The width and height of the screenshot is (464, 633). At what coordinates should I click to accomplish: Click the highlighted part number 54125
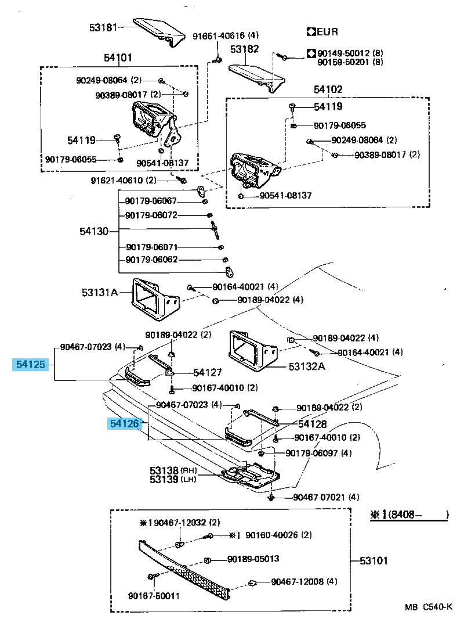pyautogui.click(x=31, y=365)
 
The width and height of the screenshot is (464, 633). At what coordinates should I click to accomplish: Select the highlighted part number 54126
pyautogui.click(x=125, y=423)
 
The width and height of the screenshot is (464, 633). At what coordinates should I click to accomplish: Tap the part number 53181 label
pyautogui.click(x=103, y=27)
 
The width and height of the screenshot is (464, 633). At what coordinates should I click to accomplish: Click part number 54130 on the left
pyautogui.click(x=94, y=231)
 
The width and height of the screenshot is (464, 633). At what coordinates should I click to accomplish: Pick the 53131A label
pyautogui.click(x=100, y=292)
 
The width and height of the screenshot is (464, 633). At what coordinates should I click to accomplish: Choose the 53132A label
pyautogui.click(x=307, y=366)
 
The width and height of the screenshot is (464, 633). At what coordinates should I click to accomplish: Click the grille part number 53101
pyautogui.click(x=374, y=561)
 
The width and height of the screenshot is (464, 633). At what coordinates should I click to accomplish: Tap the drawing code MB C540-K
pyautogui.click(x=429, y=607)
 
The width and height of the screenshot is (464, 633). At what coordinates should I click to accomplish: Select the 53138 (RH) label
pyautogui.click(x=173, y=470)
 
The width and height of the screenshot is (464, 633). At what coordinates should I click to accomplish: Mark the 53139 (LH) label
pyautogui.click(x=173, y=479)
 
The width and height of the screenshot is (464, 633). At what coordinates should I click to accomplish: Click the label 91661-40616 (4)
pyautogui.click(x=226, y=35)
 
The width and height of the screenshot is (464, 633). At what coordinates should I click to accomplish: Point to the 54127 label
pyautogui.click(x=207, y=372)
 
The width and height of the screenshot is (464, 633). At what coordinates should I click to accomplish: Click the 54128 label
pyautogui.click(x=313, y=424)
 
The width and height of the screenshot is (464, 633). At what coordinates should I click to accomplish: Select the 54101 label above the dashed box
pyautogui.click(x=118, y=57)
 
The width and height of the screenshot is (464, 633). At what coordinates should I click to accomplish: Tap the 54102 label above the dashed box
pyautogui.click(x=328, y=89)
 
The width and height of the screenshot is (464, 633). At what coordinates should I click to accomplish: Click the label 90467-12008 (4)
pyautogui.click(x=304, y=581)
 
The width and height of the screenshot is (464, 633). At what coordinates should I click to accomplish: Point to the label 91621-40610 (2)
pyautogui.click(x=124, y=180)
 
